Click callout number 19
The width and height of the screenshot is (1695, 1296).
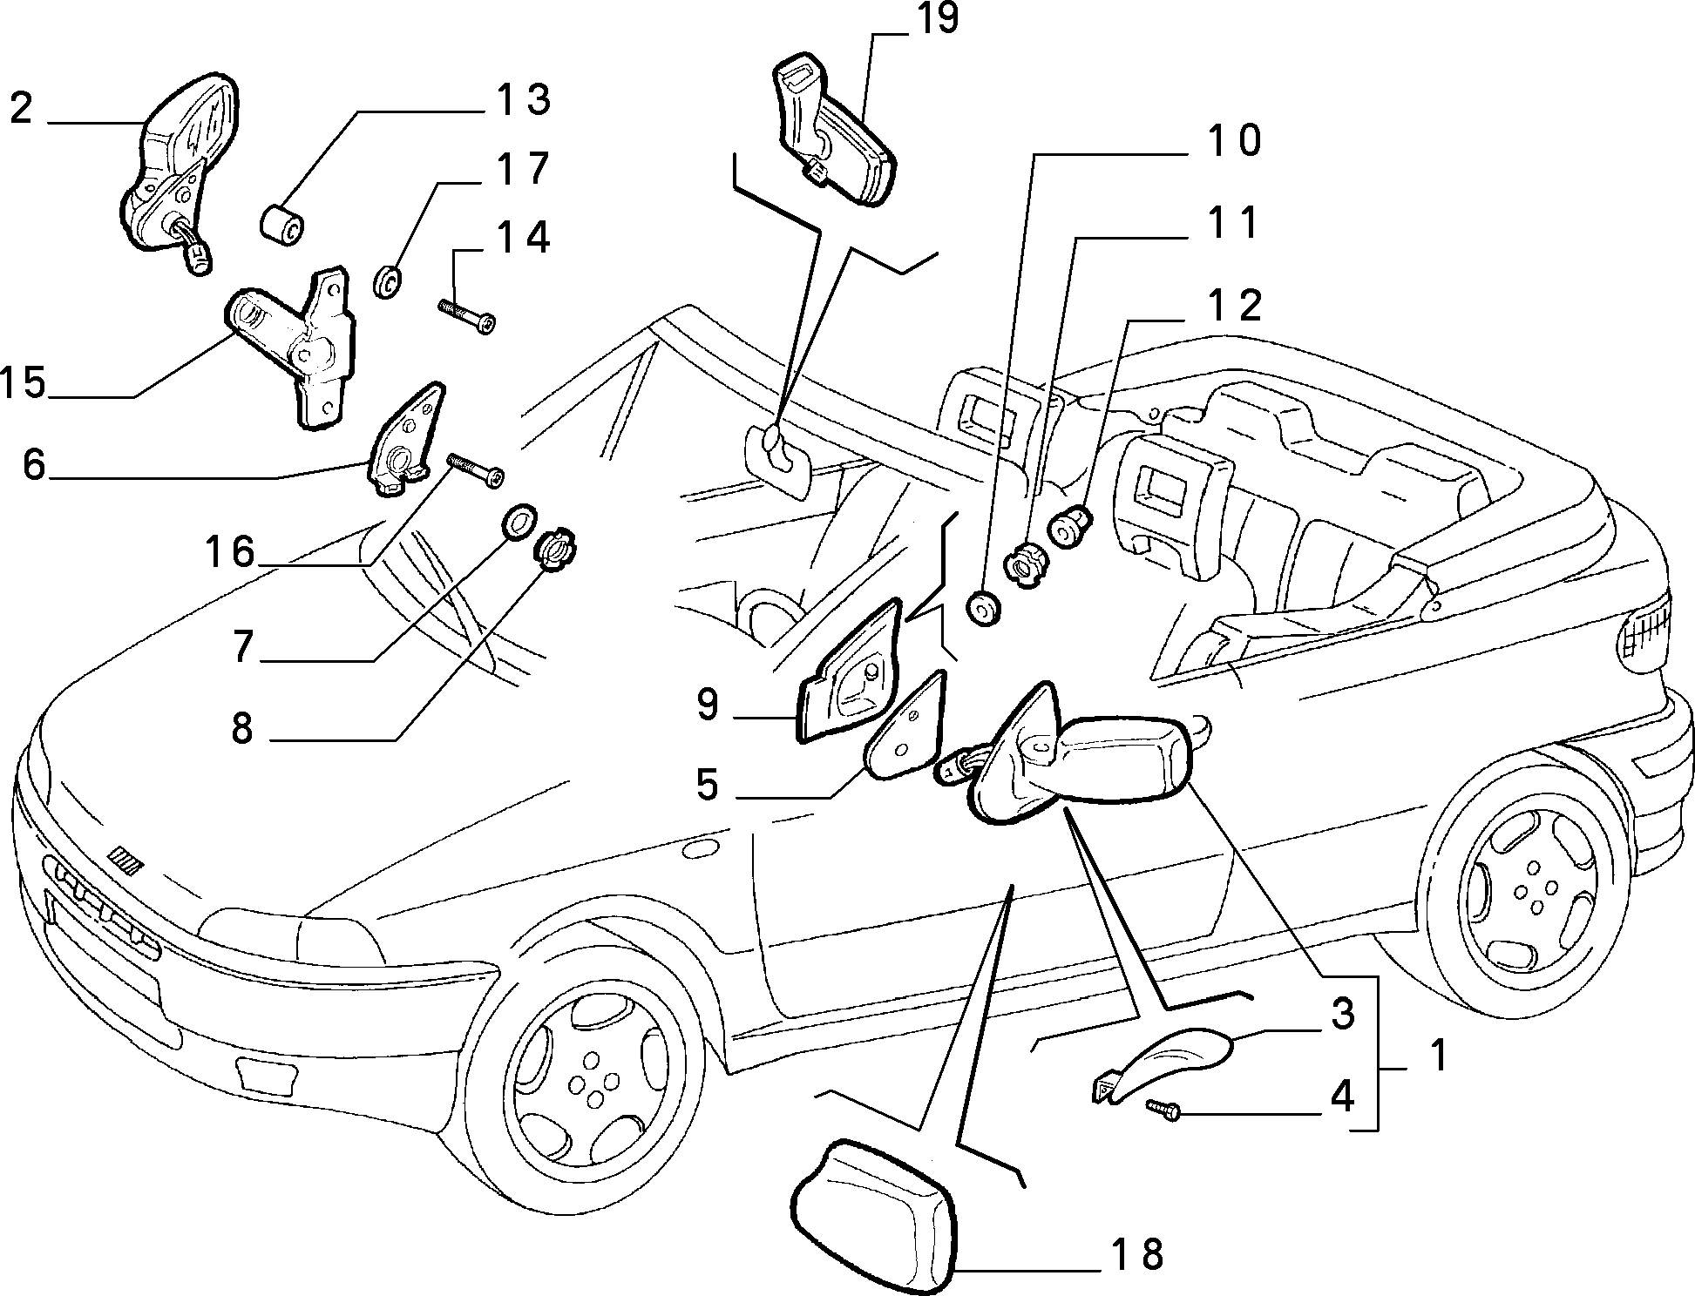pos(937,19)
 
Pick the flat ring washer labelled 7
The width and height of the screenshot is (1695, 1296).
pos(519,521)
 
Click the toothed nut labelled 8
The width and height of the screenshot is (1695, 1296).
pos(555,550)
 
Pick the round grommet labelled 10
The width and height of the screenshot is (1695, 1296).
pos(985,608)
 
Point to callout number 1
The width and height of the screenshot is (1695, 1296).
pos(1439,1056)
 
